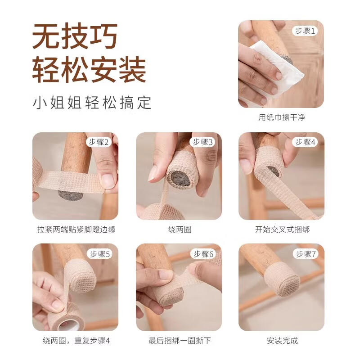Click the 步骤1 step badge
(x=306, y=31)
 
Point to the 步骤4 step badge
(x=306, y=142)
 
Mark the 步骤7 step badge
(x=306, y=254)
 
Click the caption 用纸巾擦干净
(x=282, y=117)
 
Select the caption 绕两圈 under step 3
(x=179, y=229)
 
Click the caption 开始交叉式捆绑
(x=282, y=229)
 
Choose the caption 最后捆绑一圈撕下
(x=179, y=341)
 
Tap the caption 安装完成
(x=282, y=341)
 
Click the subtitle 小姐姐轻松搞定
(x=92, y=103)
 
